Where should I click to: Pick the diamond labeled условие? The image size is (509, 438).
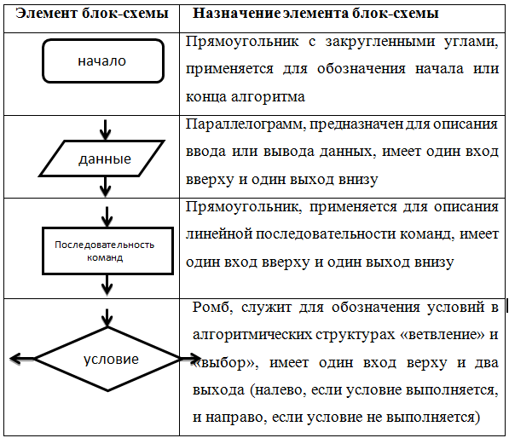72,343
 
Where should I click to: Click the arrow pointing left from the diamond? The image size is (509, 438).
22,359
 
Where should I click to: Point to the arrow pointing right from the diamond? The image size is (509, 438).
190,359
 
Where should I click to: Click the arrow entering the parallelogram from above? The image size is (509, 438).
105,130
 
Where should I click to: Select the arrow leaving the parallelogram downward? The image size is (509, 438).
105,187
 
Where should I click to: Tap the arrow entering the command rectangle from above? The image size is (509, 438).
107,216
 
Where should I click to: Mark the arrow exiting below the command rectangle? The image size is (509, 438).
107,285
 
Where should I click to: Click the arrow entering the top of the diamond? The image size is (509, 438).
107,317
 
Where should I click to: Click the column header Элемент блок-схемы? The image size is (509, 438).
92,14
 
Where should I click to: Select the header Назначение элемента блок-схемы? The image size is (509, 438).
315,14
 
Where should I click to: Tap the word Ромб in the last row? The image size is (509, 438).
212,307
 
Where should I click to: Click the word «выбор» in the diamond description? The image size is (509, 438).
224,363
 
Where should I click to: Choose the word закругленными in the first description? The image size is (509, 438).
380,42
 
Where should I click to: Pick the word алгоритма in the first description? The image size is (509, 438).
268,97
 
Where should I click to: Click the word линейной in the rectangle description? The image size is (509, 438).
219,234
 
